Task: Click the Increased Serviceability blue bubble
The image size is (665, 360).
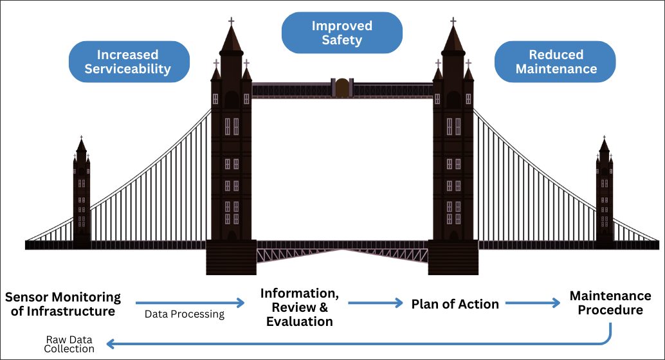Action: click(x=129, y=62)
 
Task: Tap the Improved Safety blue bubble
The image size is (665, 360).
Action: click(x=342, y=33)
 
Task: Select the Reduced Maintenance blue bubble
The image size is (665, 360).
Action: click(x=556, y=62)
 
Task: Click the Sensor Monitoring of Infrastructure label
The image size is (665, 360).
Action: click(x=63, y=304)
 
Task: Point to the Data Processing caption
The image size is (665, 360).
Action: click(x=185, y=314)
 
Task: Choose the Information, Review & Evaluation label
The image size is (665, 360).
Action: click(x=300, y=307)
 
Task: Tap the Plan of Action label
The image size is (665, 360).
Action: click(x=455, y=304)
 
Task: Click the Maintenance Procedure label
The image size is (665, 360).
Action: click(x=610, y=303)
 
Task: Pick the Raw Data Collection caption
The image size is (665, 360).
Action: click(x=69, y=344)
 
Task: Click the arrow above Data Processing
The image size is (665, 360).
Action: click(x=190, y=302)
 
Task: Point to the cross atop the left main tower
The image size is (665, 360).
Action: click(x=232, y=21)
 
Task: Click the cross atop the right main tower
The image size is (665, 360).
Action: click(x=453, y=21)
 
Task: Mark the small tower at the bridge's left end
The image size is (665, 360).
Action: click(x=82, y=193)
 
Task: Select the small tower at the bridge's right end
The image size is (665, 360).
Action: click(x=605, y=193)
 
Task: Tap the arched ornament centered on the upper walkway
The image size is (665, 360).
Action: click(x=342, y=88)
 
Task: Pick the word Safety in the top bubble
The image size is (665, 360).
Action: click(x=342, y=40)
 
